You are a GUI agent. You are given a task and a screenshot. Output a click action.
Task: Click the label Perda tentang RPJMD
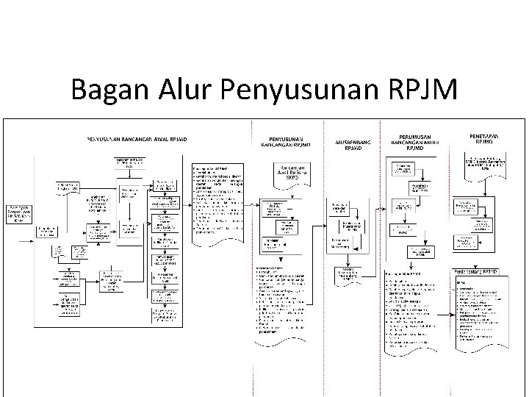pyautogui.click(x=482, y=272)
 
